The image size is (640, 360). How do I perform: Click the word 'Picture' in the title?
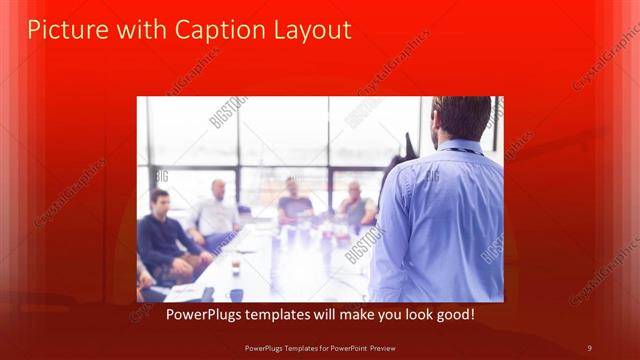click(x=61, y=30)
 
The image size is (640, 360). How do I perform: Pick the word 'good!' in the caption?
click(x=455, y=315)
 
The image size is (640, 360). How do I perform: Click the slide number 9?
click(x=589, y=347)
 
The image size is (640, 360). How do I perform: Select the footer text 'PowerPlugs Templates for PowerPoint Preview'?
click(x=320, y=347)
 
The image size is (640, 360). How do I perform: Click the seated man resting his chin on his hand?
click(x=355, y=205)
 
